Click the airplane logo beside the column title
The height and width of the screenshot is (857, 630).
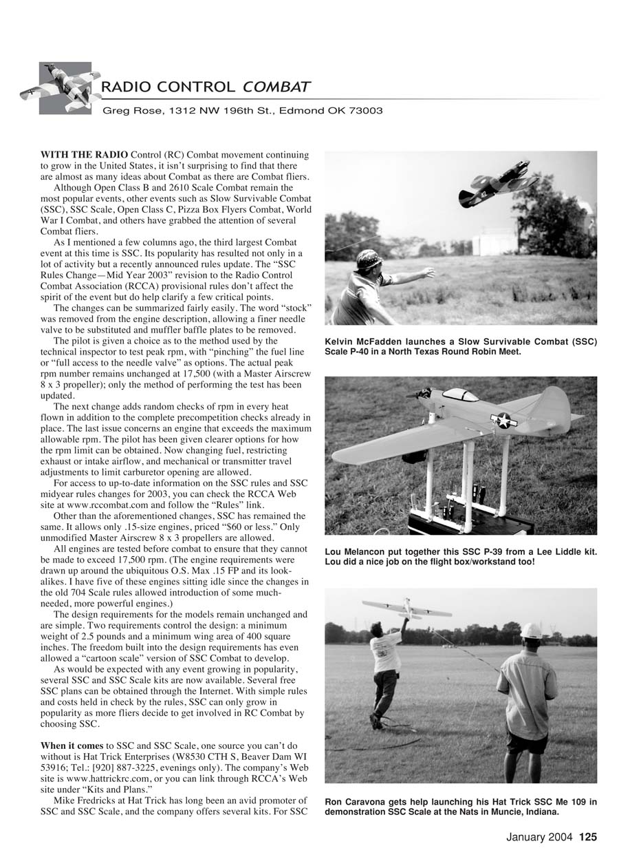coord(65,88)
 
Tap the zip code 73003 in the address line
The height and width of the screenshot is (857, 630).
coord(369,111)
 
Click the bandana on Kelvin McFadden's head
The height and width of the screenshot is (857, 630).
coord(369,259)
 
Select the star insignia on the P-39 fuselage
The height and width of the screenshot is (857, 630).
coord(504,420)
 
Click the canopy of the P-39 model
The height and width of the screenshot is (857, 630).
coord(460,395)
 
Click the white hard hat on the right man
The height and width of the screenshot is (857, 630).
coord(530,631)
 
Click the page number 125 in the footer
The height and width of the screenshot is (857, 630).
coord(588,838)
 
